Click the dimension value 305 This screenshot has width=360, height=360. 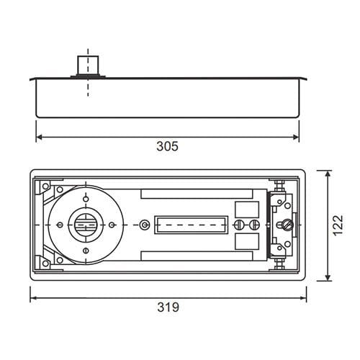pyautogui.click(x=167, y=146)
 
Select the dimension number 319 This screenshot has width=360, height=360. pyautogui.click(x=168, y=307)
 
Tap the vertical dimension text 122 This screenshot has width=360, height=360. pyautogui.click(x=338, y=225)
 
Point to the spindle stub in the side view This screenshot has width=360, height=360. pyautogui.click(x=88, y=66)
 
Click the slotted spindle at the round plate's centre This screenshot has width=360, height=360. pyautogui.click(x=86, y=225)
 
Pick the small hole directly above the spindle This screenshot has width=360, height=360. pyautogui.click(x=86, y=199)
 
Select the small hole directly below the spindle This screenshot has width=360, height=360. pyautogui.click(x=86, y=251)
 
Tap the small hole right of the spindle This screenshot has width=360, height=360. pyautogui.click(x=112, y=225)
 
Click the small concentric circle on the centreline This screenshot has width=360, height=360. pyautogui.click(x=144, y=225)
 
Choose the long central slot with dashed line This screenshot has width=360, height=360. pyautogui.click(x=191, y=225)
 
